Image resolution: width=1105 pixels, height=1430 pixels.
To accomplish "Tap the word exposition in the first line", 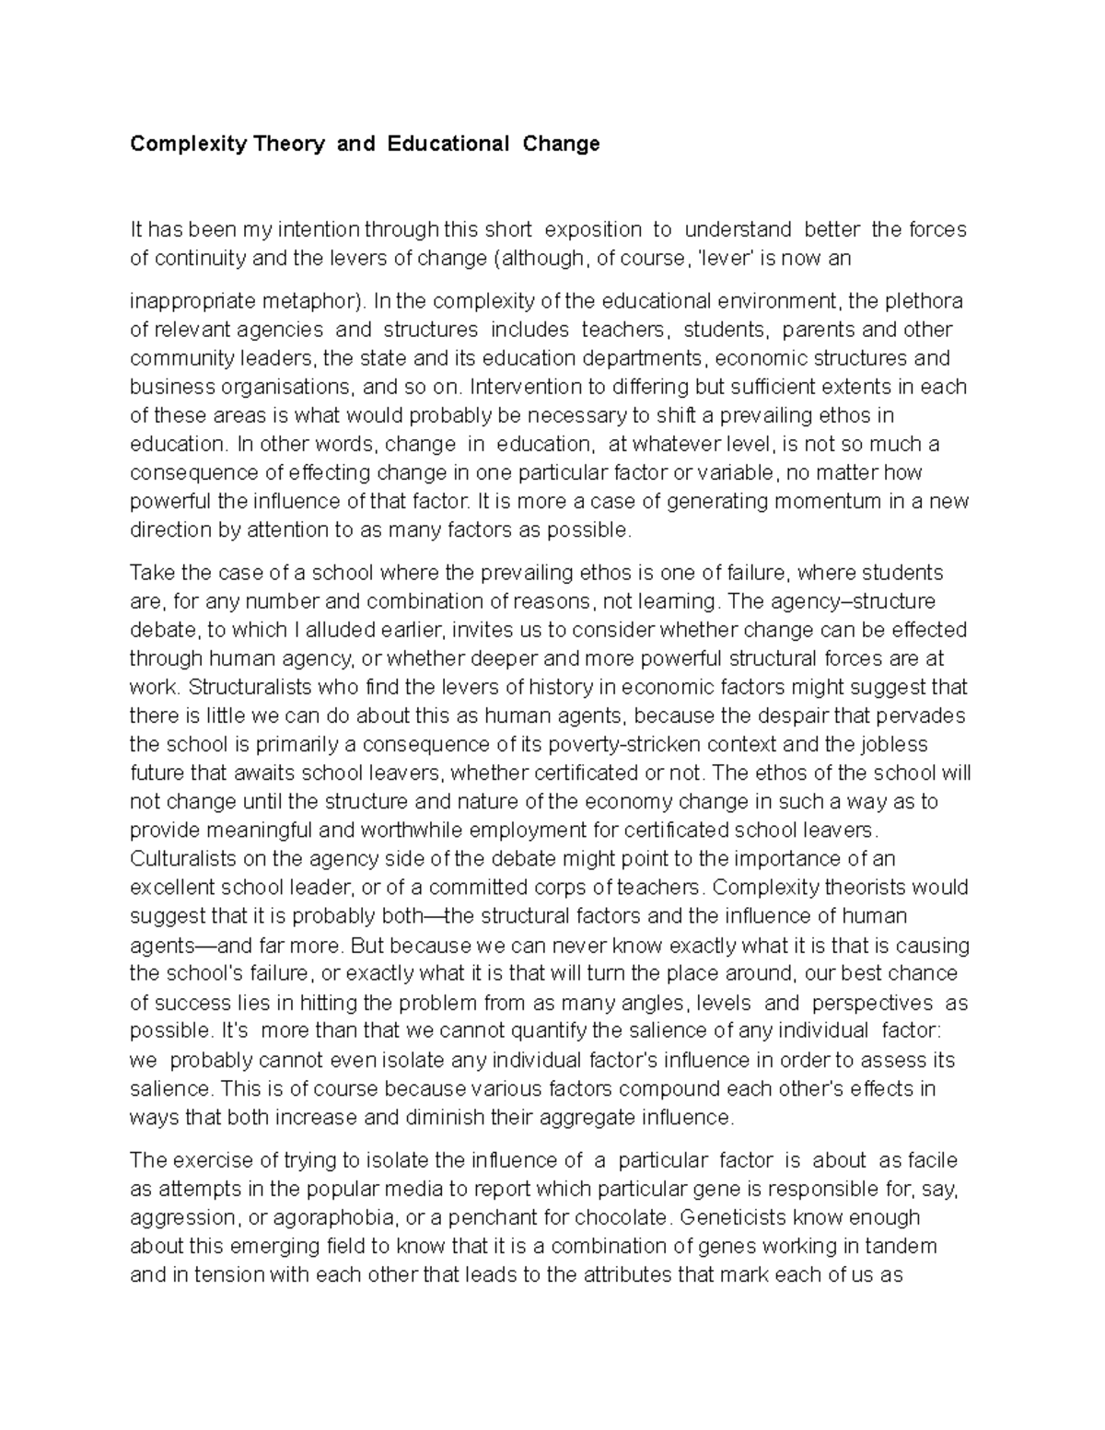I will pyautogui.click(x=593, y=229).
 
